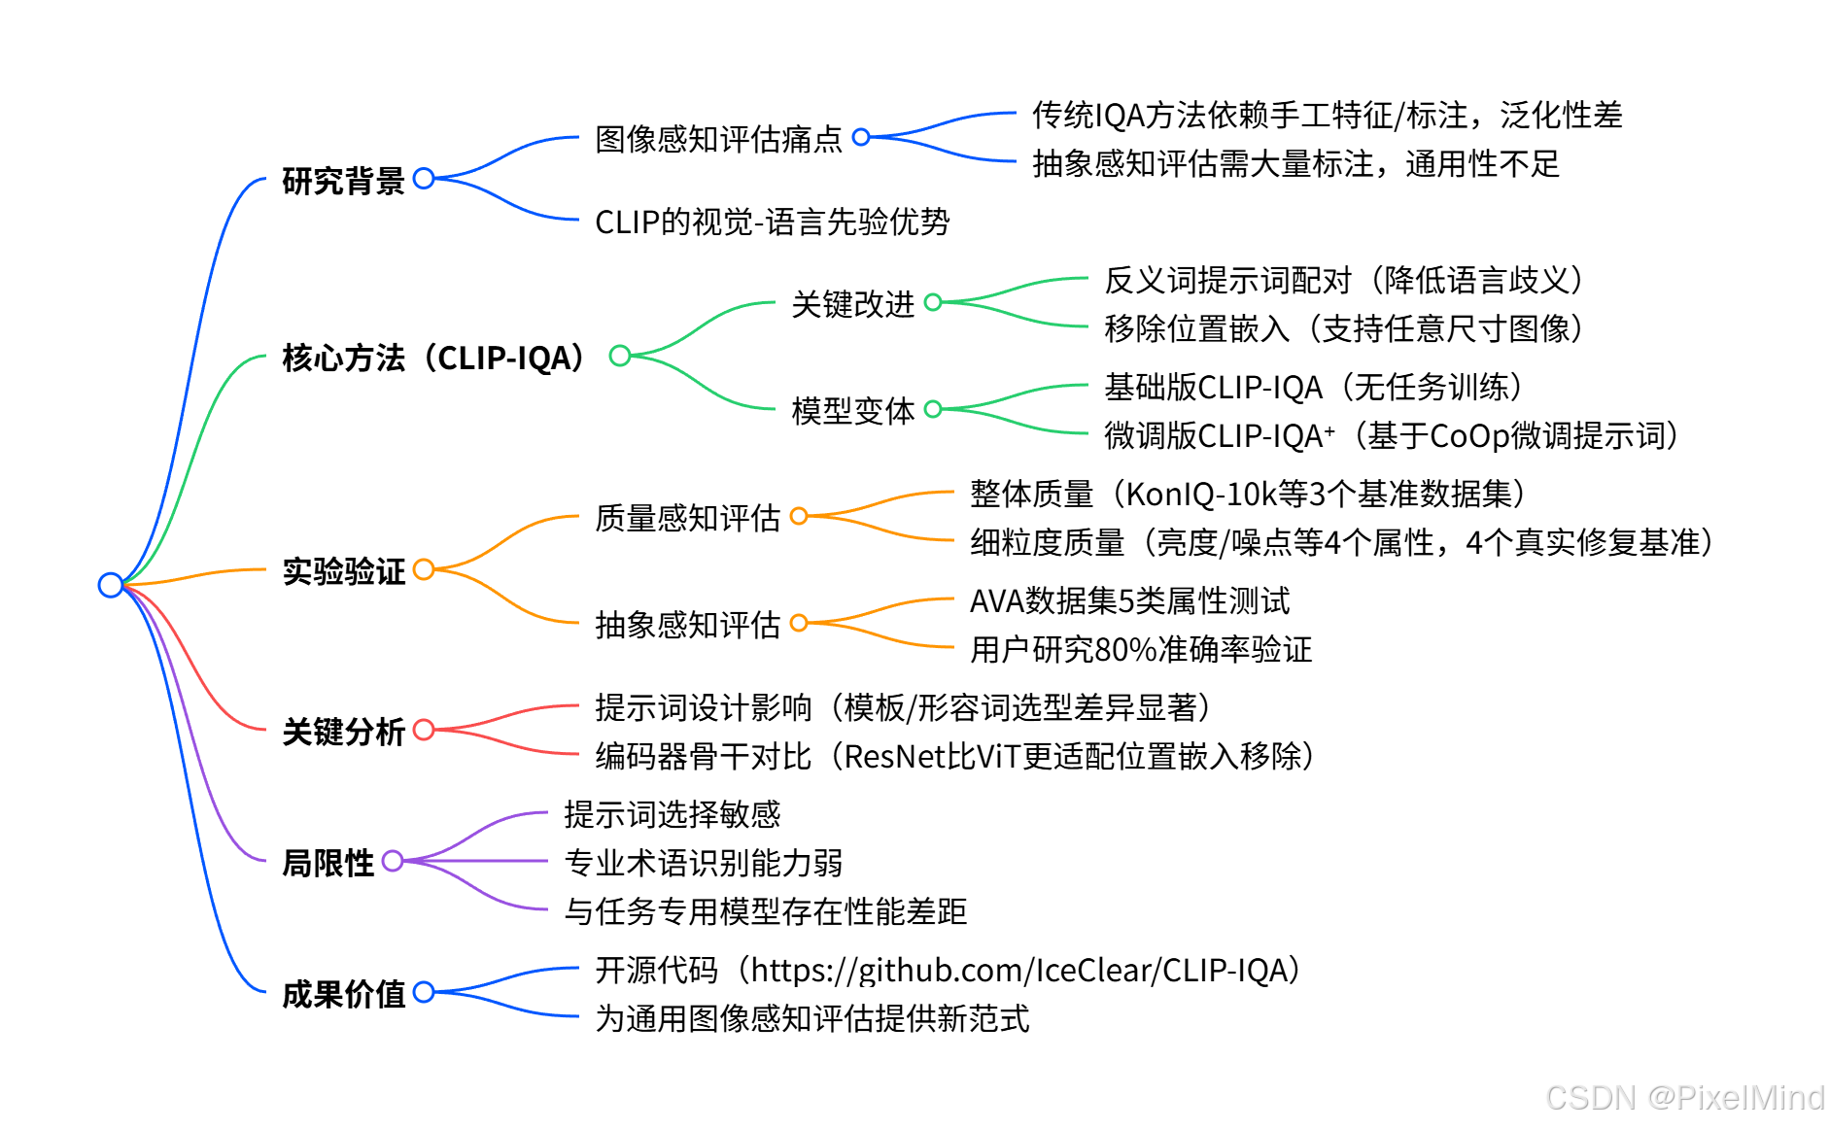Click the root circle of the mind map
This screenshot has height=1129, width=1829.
coord(111,585)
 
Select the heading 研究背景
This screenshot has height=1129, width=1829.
coord(343,181)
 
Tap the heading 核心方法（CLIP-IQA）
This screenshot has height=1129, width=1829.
coord(433,358)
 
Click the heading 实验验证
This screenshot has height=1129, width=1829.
coord(343,571)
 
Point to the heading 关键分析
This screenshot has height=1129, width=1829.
coord(343,732)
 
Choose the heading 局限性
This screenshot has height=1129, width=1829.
coord(328,863)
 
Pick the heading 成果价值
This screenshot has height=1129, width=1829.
coord(343,994)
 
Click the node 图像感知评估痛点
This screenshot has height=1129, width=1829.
coord(718,139)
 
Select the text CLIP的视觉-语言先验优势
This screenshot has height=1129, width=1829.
coord(772,222)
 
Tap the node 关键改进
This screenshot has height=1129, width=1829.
coord(852,304)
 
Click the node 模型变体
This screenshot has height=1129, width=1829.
coord(852,411)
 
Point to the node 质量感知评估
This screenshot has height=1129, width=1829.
coord(687,518)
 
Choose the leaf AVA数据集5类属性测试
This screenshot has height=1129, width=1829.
coord(1129,601)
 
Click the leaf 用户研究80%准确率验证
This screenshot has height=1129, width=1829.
coord(1141,649)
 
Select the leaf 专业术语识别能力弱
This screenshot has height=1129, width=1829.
coord(703,863)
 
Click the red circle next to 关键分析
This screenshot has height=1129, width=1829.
coord(424,730)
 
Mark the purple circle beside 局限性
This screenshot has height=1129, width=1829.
coord(393,861)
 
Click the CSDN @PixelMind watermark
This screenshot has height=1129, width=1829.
coord(1684,1098)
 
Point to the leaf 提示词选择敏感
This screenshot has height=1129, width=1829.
coord(672,814)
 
